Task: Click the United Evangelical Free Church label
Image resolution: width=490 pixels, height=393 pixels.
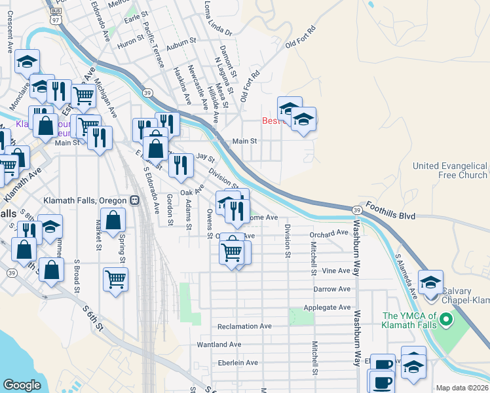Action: (x=450, y=170)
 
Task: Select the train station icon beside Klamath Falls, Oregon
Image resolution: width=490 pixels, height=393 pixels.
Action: (x=134, y=200)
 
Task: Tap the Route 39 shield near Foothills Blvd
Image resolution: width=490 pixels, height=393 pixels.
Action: (x=356, y=210)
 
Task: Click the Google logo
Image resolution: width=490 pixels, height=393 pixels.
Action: (x=22, y=385)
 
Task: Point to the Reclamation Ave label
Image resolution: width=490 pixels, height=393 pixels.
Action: (x=244, y=326)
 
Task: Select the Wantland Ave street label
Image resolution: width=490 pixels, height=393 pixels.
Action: (x=219, y=345)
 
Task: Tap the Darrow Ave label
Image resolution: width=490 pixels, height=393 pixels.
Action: (x=332, y=289)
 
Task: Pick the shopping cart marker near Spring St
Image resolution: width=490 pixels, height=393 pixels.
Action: (x=115, y=278)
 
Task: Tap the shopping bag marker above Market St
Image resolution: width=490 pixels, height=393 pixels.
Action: (x=113, y=223)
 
